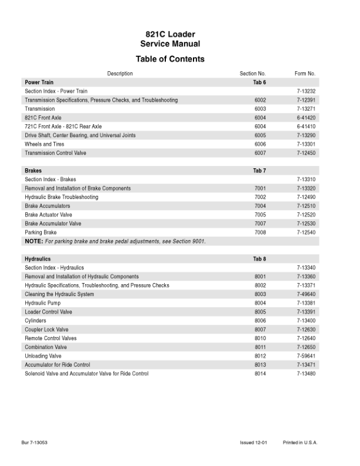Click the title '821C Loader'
[x=170, y=35]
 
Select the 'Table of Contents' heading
[x=170, y=59]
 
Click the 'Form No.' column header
[x=305, y=74]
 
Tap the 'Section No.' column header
[x=253, y=74]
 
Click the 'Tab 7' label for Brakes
[x=259, y=171]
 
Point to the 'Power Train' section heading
[x=39, y=82]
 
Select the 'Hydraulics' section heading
[x=38, y=259]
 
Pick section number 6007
[x=260, y=153]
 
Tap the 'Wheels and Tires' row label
[x=45, y=144]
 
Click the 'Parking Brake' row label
[x=41, y=232]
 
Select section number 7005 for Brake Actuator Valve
[x=260, y=215]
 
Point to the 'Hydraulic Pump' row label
[x=43, y=303]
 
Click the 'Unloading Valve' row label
[x=43, y=356]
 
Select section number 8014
[x=260, y=374]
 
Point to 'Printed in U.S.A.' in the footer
[x=299, y=441]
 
